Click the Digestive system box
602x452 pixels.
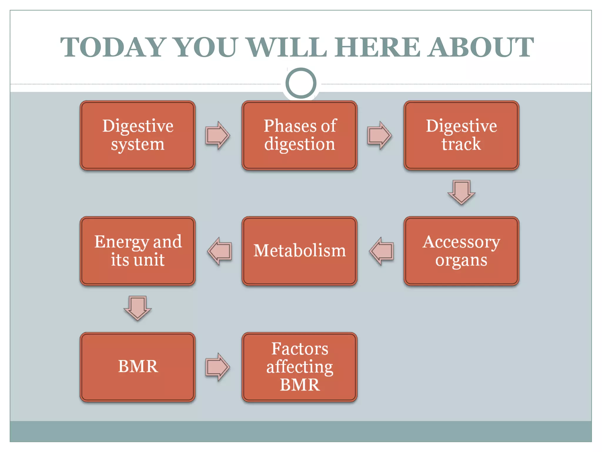pos(138,135)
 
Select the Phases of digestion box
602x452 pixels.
pos(300,135)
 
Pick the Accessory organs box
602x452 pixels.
pos(461,251)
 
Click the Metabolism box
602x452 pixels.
pos(300,251)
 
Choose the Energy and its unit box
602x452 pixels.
pos(138,251)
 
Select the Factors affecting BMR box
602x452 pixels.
pos(300,367)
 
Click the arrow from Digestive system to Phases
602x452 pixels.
pos(218,135)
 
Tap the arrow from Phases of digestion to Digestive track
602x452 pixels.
pos(379,135)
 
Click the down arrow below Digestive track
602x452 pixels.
pos(461,192)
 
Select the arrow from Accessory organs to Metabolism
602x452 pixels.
pos(382,251)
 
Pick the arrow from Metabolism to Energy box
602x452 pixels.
pos(220,251)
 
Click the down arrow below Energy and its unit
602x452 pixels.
pos(138,308)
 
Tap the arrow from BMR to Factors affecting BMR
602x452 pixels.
pos(218,367)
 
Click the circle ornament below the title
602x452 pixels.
pos(301,83)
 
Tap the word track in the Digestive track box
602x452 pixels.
pos(461,144)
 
